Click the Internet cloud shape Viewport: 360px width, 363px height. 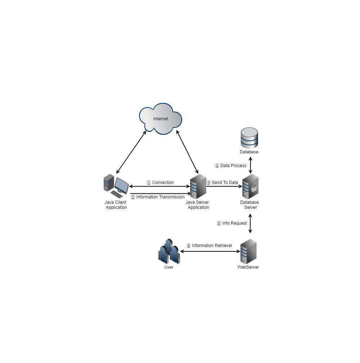160,119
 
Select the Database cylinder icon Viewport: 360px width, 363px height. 249,138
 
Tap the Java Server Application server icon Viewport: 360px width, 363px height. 198,187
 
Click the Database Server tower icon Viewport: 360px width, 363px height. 250,187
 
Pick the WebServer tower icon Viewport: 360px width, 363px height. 248,251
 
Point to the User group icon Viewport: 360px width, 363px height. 169,251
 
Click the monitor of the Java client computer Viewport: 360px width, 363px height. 122,185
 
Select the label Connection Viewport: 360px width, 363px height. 163,183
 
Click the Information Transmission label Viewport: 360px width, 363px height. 160,197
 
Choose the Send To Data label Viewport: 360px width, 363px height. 225,183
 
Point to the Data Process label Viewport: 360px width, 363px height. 233,166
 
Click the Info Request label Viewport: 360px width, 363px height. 234,223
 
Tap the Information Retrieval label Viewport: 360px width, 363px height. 212,245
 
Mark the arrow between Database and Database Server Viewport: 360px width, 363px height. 250,165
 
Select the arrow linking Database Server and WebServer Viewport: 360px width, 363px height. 250,223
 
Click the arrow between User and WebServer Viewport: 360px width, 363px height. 210,251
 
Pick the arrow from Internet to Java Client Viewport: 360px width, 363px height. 131,152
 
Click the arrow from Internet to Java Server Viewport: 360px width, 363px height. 188,152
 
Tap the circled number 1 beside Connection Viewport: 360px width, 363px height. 149,183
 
